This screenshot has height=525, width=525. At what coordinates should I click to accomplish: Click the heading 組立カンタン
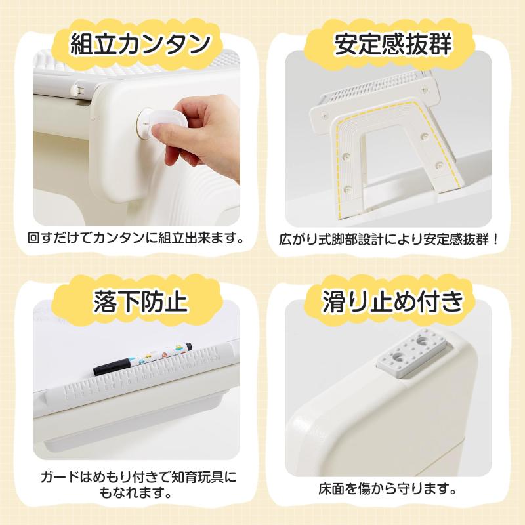140,44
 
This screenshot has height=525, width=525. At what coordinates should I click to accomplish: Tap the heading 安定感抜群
393,44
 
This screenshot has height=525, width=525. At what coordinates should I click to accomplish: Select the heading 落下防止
140,301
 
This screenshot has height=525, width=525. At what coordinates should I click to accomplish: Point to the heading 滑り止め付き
393,301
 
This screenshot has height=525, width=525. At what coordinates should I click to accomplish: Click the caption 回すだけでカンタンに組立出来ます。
136,238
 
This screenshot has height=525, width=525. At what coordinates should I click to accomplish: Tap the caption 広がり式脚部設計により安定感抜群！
389,239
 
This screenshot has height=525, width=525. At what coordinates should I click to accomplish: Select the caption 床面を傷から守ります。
388,489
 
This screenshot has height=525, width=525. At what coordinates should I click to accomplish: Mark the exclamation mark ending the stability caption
495,239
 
